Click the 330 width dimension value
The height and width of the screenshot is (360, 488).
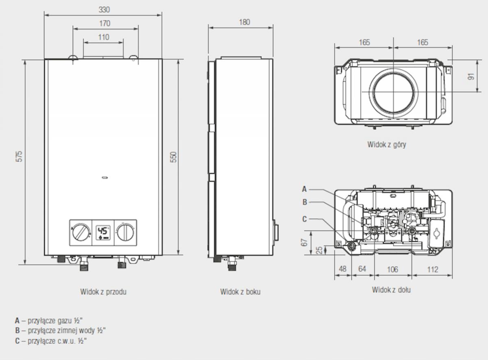point(104,10)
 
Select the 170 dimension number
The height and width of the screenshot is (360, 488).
point(105,23)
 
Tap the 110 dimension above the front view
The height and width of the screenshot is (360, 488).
point(104,37)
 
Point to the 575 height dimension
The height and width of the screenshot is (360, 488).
point(20,156)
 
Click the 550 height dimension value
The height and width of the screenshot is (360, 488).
point(174,157)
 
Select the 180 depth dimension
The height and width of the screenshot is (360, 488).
point(244,22)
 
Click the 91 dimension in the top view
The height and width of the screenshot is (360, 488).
point(471,76)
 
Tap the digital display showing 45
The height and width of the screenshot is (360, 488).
point(103,233)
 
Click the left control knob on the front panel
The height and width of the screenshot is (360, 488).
point(81,232)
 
